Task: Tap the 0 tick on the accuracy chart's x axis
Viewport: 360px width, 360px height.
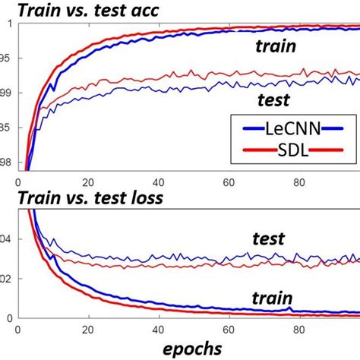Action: [x=17, y=182]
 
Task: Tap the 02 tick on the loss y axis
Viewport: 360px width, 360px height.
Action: [x=7, y=279]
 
